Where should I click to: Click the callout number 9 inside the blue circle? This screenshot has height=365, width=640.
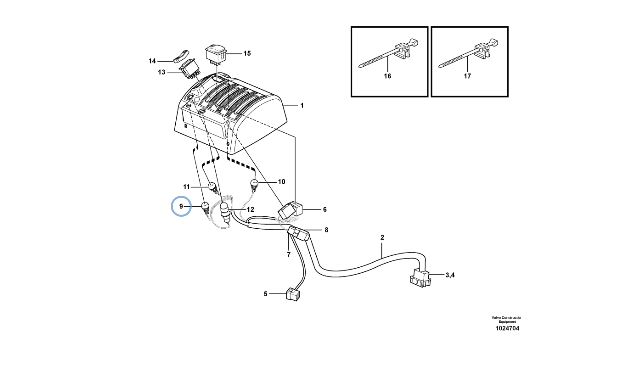click(181, 206)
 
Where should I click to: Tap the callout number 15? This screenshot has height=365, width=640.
click(247, 53)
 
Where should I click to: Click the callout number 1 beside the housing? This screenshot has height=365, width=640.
click(302, 106)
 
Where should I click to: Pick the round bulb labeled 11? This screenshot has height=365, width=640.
click(214, 188)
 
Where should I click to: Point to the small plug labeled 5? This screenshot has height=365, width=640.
click(293, 294)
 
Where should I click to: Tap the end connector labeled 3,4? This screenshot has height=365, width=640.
click(420, 278)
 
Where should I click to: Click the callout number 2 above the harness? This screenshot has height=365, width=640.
click(382, 237)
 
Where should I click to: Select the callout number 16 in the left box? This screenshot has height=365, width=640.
click(387, 76)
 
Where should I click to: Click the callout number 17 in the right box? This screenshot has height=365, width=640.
click(467, 76)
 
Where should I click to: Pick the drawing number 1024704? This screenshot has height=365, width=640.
click(507, 328)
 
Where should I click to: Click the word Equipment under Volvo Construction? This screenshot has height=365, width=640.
click(507, 322)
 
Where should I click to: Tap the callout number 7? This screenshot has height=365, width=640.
click(289, 254)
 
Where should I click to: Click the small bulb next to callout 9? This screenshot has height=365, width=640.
click(205, 208)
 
